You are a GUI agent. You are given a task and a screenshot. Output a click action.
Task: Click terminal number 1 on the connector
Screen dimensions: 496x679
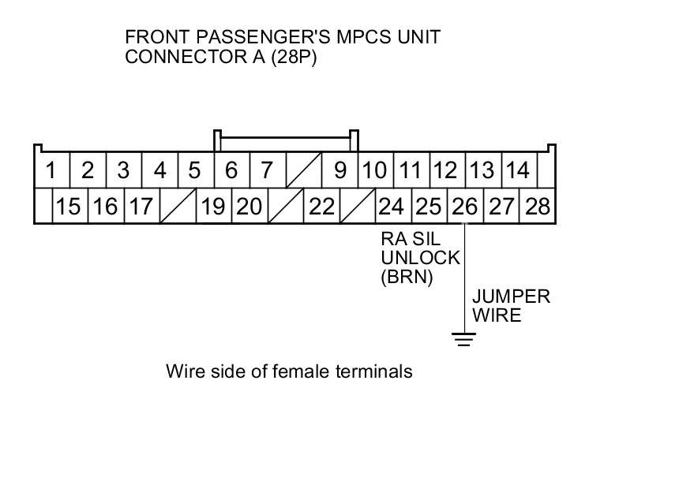click(x=51, y=170)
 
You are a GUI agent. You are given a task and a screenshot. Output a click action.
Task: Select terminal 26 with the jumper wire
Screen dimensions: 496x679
click(x=464, y=207)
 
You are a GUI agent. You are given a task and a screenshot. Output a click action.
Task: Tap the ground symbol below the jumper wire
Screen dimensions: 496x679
click(x=464, y=340)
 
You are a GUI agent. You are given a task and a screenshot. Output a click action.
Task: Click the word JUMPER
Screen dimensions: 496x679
click(x=510, y=297)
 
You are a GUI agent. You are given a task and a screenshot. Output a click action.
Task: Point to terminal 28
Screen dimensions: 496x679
click(x=537, y=207)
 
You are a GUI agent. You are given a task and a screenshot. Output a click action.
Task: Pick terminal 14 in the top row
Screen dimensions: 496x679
click(x=517, y=170)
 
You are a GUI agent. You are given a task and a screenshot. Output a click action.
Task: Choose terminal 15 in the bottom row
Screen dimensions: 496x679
click(x=69, y=207)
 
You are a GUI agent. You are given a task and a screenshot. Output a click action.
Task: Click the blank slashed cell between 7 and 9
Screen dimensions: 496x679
click(x=303, y=170)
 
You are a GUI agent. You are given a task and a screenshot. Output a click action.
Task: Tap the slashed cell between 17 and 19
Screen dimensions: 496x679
click(x=178, y=207)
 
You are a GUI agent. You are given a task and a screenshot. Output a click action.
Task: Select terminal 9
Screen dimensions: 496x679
click(x=340, y=170)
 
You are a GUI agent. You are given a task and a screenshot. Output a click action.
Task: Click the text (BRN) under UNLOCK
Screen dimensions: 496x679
click(x=407, y=278)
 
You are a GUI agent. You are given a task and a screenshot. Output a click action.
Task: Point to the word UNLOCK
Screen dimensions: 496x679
click(x=420, y=258)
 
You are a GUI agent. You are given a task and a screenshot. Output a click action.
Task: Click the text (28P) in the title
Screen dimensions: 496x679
click(x=294, y=58)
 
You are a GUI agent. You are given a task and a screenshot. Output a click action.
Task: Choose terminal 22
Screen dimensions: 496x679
click(x=321, y=207)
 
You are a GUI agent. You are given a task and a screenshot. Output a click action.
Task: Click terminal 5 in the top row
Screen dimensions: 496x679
click(x=195, y=170)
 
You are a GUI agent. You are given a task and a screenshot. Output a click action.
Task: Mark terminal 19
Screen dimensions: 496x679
click(x=213, y=207)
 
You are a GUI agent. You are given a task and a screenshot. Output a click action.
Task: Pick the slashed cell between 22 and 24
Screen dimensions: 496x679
click(x=358, y=207)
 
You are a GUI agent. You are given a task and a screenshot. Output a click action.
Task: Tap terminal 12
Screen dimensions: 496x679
click(x=445, y=170)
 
